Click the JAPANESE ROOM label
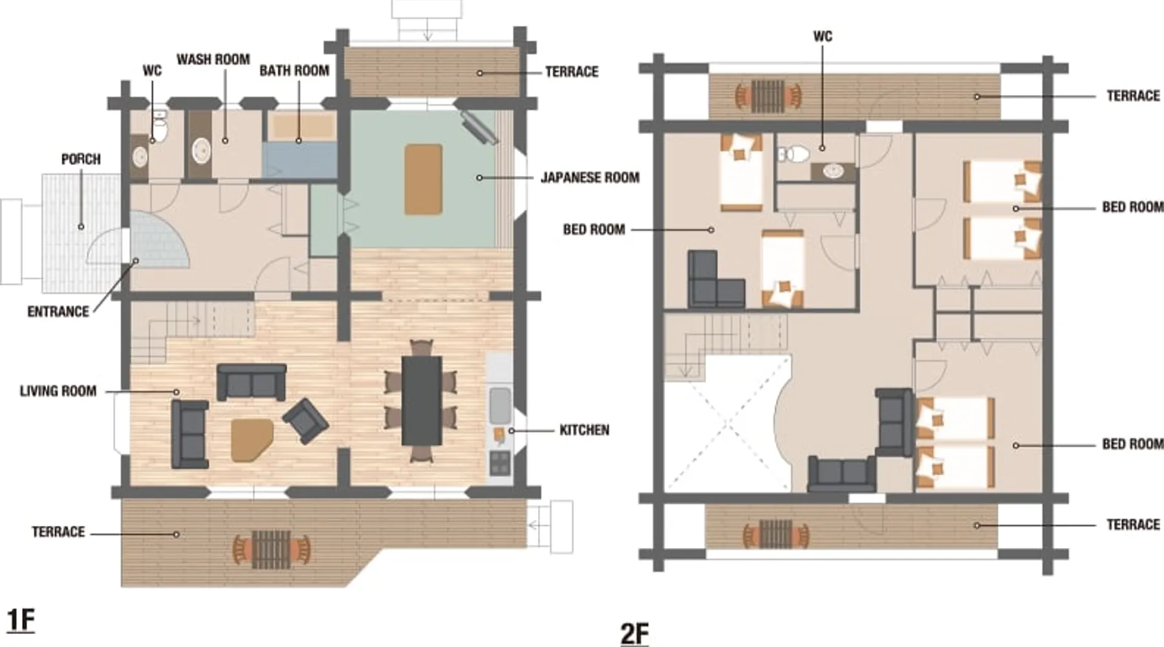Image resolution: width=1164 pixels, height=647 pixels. click(590, 177)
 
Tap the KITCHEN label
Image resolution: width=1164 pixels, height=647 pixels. click(584, 430)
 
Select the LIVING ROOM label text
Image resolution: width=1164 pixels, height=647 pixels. click(58, 391)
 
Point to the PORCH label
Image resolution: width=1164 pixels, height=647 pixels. click(81, 159)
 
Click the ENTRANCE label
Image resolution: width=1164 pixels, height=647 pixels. click(58, 312)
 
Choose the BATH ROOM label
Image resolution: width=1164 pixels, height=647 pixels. click(294, 71)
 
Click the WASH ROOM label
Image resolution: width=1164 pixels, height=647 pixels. click(213, 60)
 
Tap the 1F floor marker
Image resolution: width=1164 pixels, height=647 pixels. click(20, 620)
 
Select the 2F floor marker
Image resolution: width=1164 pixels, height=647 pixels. click(634, 633)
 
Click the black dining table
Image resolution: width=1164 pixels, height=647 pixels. click(422, 400)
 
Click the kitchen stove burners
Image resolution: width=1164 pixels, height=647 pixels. click(500, 463)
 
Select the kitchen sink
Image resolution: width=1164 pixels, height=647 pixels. click(500, 404)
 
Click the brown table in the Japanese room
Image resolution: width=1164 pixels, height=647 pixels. click(424, 179)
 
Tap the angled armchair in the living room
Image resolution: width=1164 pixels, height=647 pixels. click(305, 421)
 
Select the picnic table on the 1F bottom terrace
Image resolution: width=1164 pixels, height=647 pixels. click(271, 549)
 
